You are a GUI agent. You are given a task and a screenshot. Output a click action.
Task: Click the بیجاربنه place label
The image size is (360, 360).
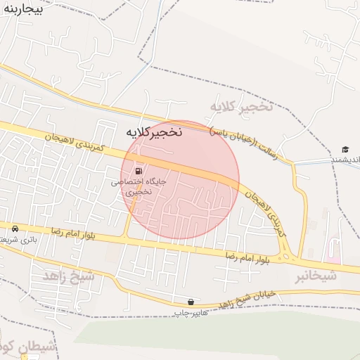[22, 10]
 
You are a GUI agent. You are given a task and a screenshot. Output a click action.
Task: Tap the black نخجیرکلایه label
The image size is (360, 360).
[154, 131]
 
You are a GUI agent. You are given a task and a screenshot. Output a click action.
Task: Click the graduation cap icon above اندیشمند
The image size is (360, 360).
[345, 149]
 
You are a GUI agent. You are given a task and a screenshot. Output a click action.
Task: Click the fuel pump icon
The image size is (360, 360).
[139, 170]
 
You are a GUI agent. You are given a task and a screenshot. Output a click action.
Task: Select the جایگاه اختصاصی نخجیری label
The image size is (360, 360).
[139, 186]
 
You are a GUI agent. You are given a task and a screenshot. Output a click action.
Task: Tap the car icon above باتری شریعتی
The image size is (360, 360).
[15, 229]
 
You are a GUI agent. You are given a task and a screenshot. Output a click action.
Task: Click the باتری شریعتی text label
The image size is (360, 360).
[15, 240]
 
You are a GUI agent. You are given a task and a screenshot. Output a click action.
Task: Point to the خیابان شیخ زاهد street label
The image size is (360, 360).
[236, 297]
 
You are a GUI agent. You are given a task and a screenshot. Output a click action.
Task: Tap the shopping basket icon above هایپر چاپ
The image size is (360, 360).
[192, 301]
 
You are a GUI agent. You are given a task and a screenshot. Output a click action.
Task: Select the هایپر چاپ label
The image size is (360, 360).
[191, 311]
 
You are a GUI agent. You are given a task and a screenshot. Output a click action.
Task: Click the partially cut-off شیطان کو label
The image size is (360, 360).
[21, 346]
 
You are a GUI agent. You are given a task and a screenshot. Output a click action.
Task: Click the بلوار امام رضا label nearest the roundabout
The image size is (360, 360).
[247, 257]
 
